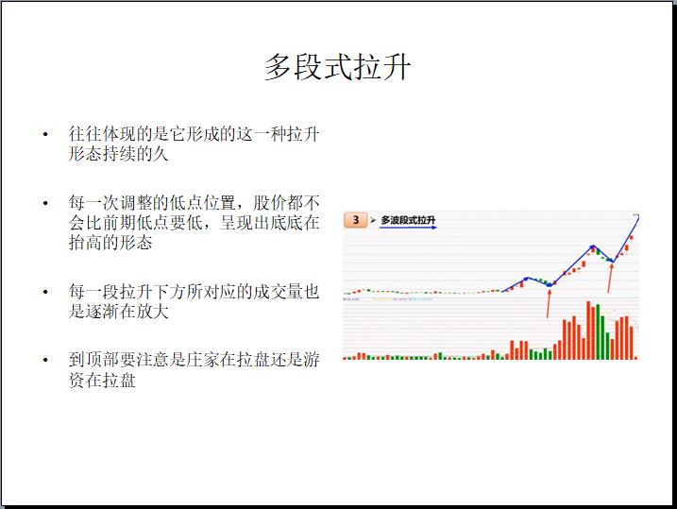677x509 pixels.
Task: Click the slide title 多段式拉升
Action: (x=337, y=67)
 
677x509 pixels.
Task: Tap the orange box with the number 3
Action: (x=355, y=220)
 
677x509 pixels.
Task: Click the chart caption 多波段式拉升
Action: (x=408, y=220)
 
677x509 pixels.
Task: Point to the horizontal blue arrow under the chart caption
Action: (x=408, y=227)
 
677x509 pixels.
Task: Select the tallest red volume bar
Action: (x=588, y=331)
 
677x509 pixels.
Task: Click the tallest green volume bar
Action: (x=598, y=332)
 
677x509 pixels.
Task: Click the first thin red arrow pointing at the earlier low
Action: (x=549, y=303)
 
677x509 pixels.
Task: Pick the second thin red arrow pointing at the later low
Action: (x=610, y=278)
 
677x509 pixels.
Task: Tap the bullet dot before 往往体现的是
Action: (x=45, y=135)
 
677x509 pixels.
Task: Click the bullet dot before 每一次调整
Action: (x=45, y=203)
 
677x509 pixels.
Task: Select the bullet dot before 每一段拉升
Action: (x=45, y=292)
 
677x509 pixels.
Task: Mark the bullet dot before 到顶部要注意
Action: (x=45, y=360)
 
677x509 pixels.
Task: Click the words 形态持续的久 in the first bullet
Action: (x=118, y=154)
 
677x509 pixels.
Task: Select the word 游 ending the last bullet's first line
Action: (x=312, y=360)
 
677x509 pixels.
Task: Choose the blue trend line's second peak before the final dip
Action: (x=594, y=246)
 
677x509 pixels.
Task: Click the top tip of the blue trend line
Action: (x=638, y=216)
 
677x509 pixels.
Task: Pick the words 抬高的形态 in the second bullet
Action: (x=110, y=243)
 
